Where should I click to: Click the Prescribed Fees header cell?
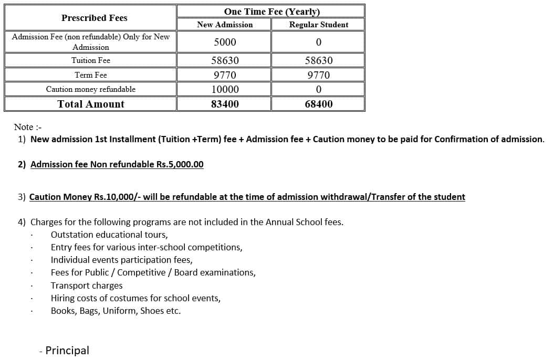click(94, 18)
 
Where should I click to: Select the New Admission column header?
click(225, 25)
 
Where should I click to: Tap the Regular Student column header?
click(318, 25)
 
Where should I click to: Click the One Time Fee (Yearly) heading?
click(272, 12)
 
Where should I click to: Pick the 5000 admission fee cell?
click(225, 42)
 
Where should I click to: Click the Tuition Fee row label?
click(91, 60)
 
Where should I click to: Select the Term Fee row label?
click(91, 75)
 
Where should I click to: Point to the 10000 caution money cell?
click(225, 89)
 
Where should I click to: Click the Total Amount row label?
click(91, 104)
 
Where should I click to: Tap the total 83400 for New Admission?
click(225, 104)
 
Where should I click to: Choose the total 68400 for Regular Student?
click(318, 104)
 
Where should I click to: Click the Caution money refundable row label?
click(91, 89)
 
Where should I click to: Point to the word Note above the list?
click(24, 127)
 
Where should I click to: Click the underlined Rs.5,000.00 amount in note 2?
click(180, 164)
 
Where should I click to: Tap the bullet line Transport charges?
click(87, 285)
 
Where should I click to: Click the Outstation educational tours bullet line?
click(109, 235)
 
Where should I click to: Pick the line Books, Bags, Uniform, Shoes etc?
click(116, 311)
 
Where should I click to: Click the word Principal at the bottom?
click(67, 350)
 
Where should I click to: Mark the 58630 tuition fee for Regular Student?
click(318, 60)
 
